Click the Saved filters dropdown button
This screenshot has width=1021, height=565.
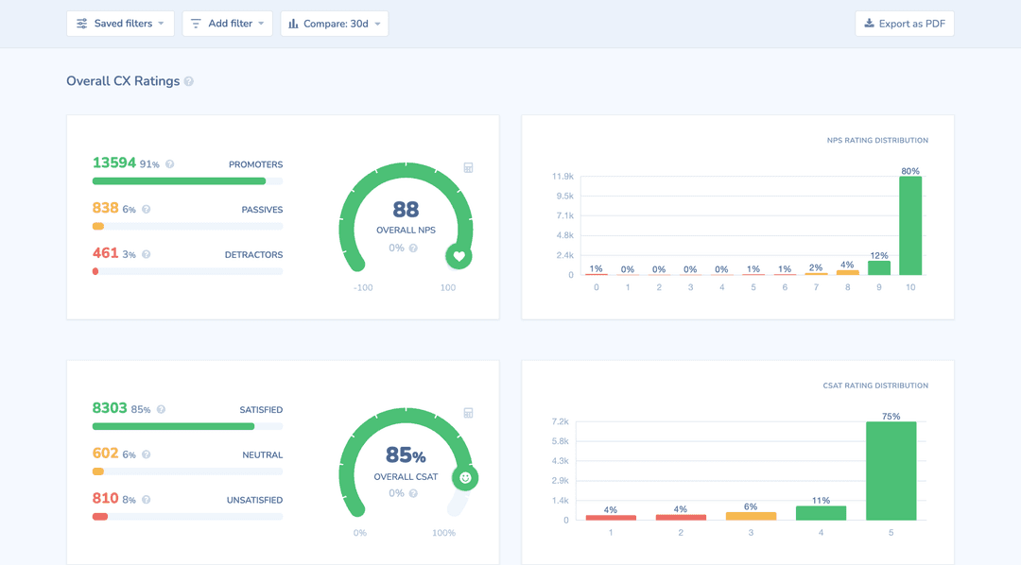tap(120, 24)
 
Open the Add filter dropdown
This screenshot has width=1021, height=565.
tap(227, 24)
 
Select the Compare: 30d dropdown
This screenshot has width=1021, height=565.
tap(334, 24)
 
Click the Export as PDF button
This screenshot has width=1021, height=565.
tap(904, 24)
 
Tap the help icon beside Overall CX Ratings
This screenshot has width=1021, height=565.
tap(189, 82)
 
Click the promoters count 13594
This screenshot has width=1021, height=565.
tap(114, 163)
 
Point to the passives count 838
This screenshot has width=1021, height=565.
tap(105, 209)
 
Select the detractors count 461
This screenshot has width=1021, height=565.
tap(105, 254)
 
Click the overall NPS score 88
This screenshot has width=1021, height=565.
tap(406, 210)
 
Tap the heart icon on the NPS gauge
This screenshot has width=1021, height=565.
tap(459, 256)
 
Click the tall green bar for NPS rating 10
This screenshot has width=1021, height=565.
tap(910, 226)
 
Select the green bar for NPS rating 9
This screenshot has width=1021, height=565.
tap(879, 268)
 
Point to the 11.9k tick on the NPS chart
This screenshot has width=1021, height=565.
tap(562, 177)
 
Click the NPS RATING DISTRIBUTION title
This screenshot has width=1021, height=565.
tap(877, 141)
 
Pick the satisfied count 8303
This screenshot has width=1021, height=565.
tap(110, 409)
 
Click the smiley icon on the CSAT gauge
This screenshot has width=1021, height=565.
tap(465, 478)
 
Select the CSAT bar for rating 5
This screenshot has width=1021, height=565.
tap(891, 471)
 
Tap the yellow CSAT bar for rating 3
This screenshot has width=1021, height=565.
tap(751, 516)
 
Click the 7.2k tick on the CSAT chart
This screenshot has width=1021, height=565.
tap(560, 421)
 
